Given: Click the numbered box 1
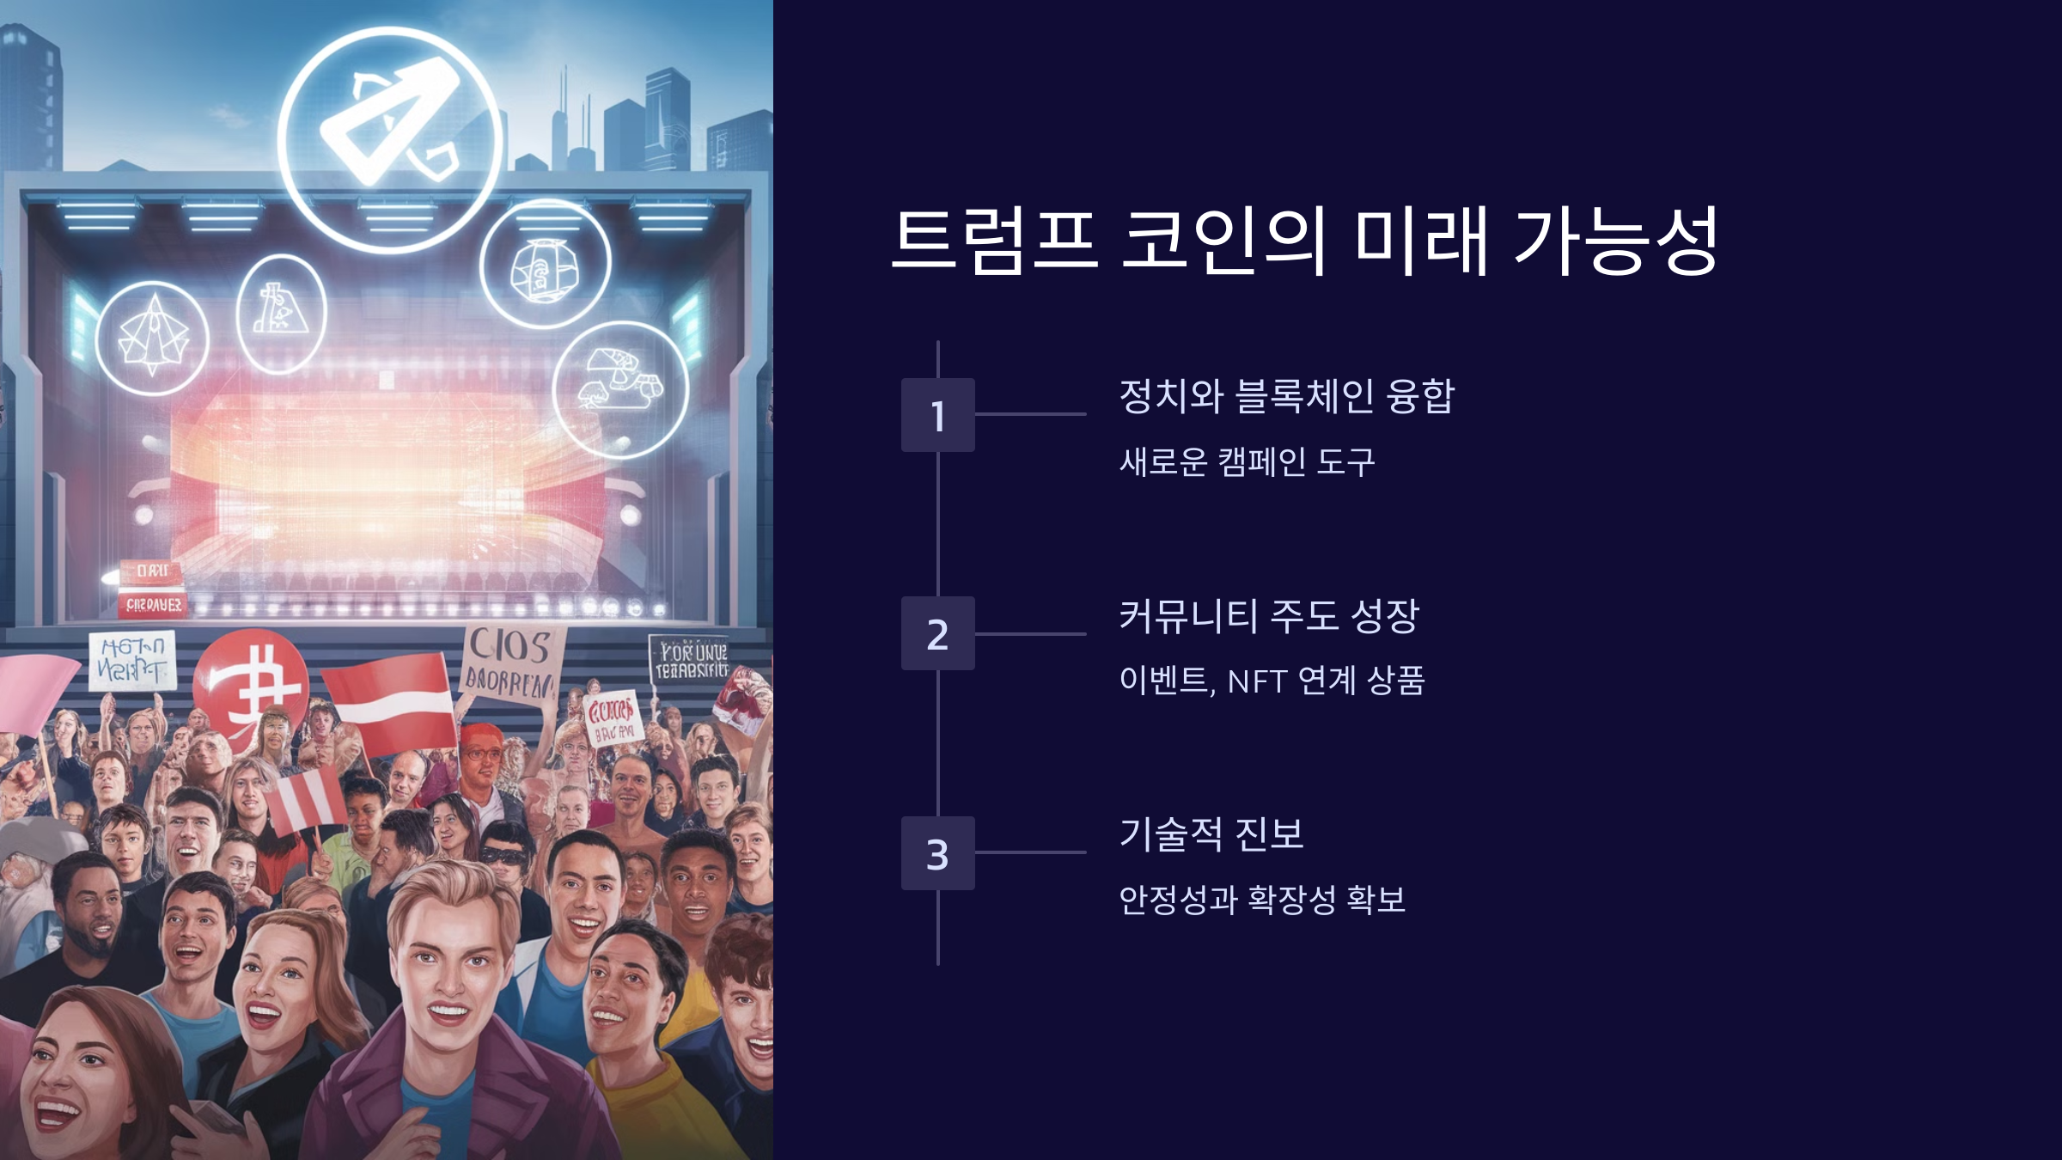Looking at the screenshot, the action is click(937, 415).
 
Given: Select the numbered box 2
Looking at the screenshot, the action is click(937, 633).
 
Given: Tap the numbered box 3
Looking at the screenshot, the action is click(937, 853).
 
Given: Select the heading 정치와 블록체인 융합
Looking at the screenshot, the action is click(1286, 396).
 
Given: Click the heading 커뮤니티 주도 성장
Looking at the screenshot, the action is click(1268, 616).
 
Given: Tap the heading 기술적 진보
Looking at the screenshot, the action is click(1211, 834).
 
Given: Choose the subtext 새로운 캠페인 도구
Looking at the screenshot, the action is click(1247, 462).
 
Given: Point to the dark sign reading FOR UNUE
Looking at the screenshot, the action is click(690, 660).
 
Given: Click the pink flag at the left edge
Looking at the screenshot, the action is click(34, 692).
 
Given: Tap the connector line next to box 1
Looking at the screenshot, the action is click(1030, 414).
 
